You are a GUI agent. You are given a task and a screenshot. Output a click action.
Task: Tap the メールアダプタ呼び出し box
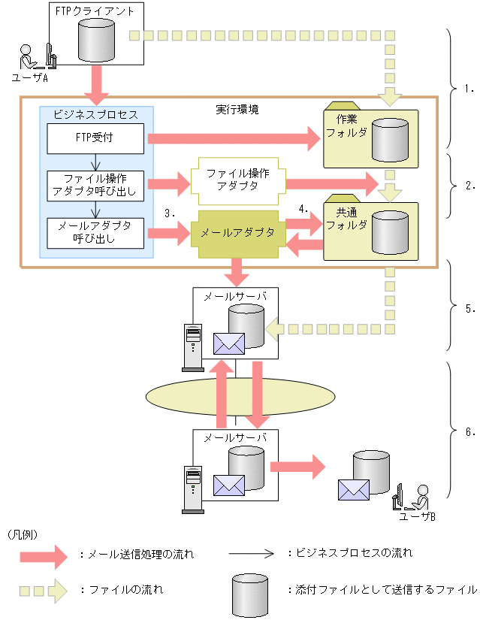click(x=96, y=233)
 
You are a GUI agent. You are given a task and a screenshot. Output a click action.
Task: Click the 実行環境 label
click(x=237, y=110)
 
